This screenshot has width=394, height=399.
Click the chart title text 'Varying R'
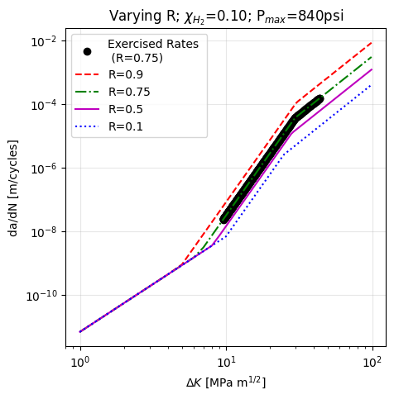(x=139, y=16)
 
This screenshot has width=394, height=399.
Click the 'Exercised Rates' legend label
(x=152, y=44)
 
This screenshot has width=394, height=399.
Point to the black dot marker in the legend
(x=88, y=51)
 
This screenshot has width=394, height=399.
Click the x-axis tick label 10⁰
(x=80, y=361)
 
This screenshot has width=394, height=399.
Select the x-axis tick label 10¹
(x=226, y=361)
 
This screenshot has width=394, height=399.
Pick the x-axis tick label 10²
(x=372, y=361)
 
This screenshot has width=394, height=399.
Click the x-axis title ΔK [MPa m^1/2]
(x=226, y=382)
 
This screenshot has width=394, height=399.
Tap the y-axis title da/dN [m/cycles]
(x=14, y=187)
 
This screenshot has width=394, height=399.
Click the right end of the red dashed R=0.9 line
(x=372, y=42)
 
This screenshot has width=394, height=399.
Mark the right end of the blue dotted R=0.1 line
(x=372, y=85)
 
